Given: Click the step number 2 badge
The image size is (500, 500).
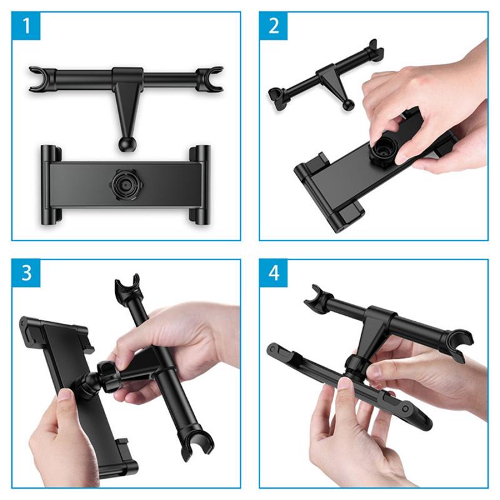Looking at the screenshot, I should coord(274,26).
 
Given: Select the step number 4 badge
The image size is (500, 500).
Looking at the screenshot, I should coord(274,274).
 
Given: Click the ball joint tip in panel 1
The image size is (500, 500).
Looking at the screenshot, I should coord(127,143).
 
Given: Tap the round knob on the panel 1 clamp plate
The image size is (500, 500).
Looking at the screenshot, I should coord(124,183).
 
